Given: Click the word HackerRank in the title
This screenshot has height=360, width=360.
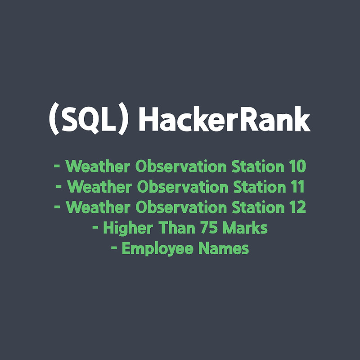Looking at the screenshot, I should (225, 120).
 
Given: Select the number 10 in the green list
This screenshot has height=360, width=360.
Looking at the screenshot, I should (296, 166).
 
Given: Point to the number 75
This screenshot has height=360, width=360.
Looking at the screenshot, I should (213, 228).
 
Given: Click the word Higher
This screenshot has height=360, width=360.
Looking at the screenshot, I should (130, 228).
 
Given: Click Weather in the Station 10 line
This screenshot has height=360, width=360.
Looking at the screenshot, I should (99, 166).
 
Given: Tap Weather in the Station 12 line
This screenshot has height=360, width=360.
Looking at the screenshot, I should (99, 207).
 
